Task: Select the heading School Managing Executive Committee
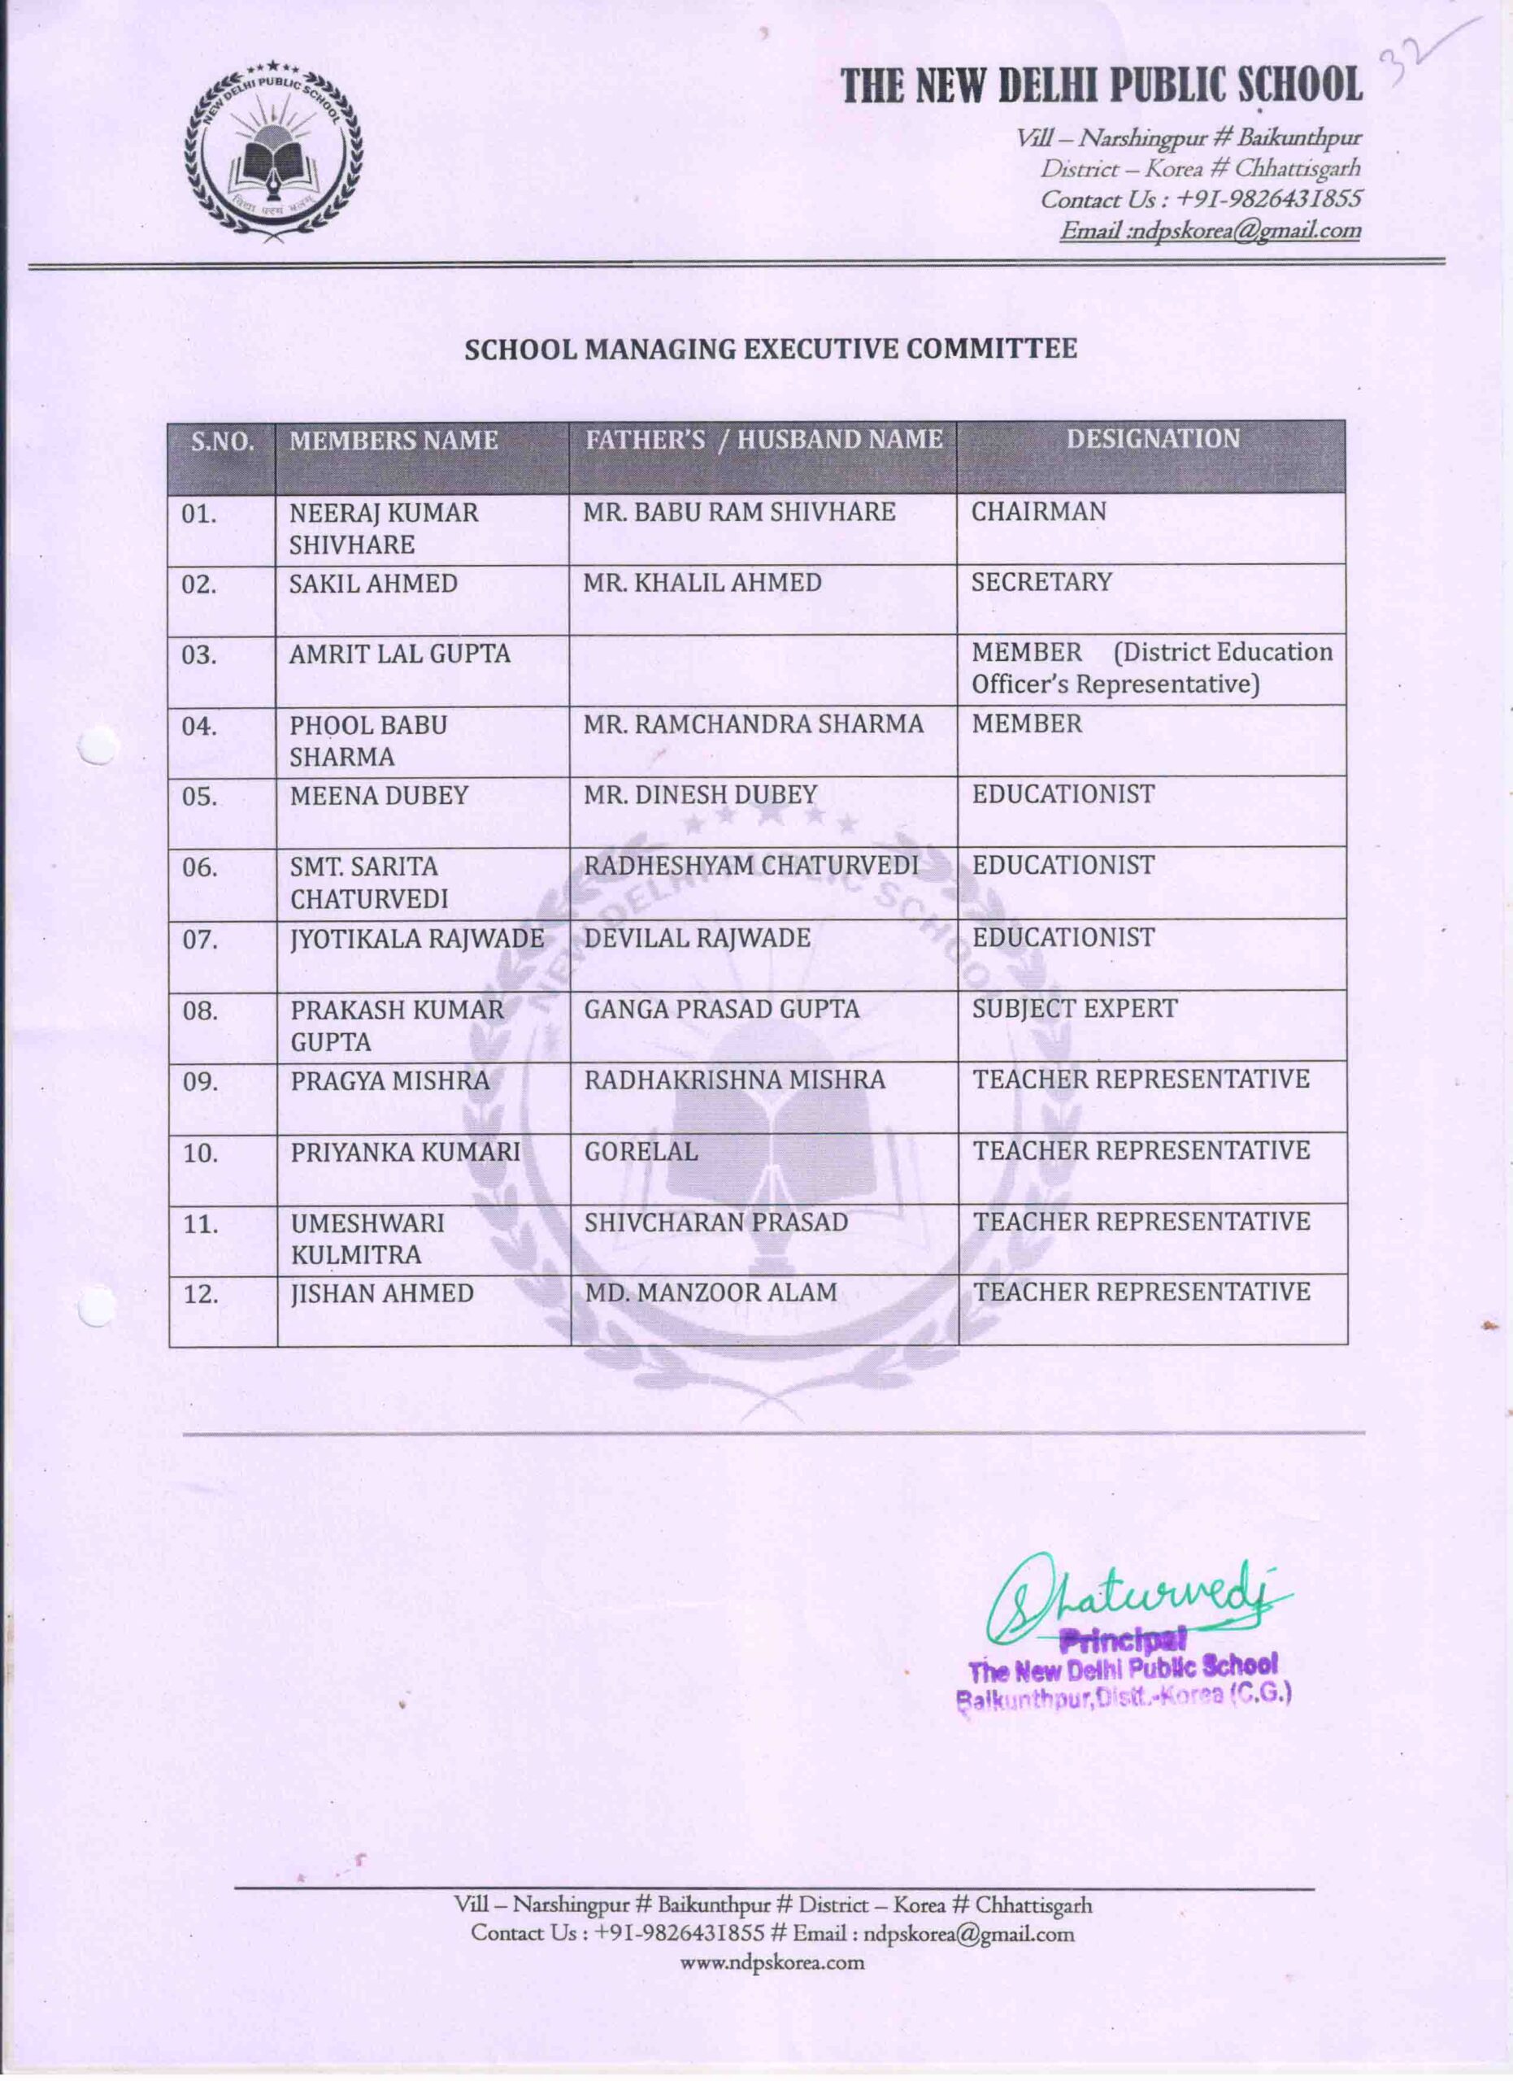(x=770, y=350)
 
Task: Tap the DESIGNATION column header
(x=1152, y=440)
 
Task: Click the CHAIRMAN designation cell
(x=1039, y=512)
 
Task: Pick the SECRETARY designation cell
(x=1041, y=583)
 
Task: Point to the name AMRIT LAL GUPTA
(x=399, y=654)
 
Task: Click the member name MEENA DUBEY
(x=379, y=796)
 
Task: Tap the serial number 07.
(x=200, y=940)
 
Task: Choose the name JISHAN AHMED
(x=381, y=1294)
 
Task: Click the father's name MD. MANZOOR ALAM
(x=711, y=1292)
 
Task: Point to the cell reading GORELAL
(x=641, y=1150)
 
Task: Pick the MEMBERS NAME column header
(x=393, y=441)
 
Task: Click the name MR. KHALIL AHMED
(x=702, y=583)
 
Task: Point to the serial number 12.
(x=200, y=1295)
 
